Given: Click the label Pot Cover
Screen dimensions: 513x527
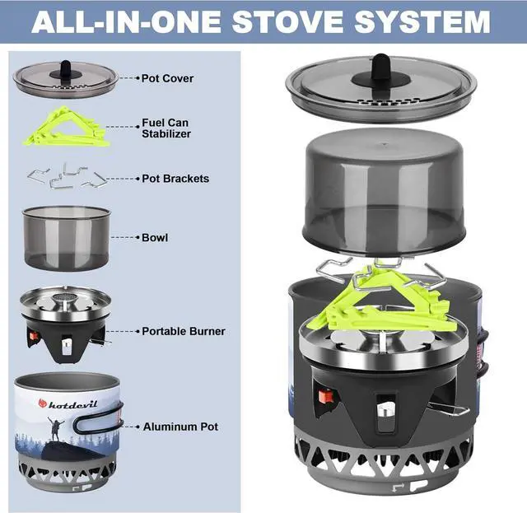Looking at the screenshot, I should coord(167,78).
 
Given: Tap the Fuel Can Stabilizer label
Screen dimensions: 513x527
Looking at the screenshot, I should coord(166,127).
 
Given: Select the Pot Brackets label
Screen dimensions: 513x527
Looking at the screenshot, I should coord(175,179).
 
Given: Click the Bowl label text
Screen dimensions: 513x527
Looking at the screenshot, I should coord(154,237).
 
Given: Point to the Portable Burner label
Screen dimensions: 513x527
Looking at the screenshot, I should coord(183,331).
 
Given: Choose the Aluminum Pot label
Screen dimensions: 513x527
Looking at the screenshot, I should coord(180,427).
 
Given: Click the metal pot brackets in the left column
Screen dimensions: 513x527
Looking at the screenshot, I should coord(65,176).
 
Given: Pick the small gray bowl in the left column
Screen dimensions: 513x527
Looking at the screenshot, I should coord(66,236).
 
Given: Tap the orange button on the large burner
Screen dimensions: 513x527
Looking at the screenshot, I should coord(326,396).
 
